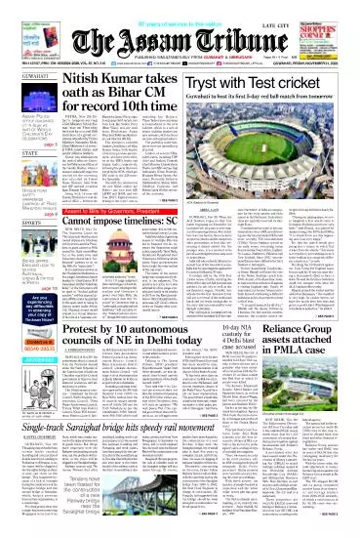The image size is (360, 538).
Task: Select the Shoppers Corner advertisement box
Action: pos(333,21)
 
